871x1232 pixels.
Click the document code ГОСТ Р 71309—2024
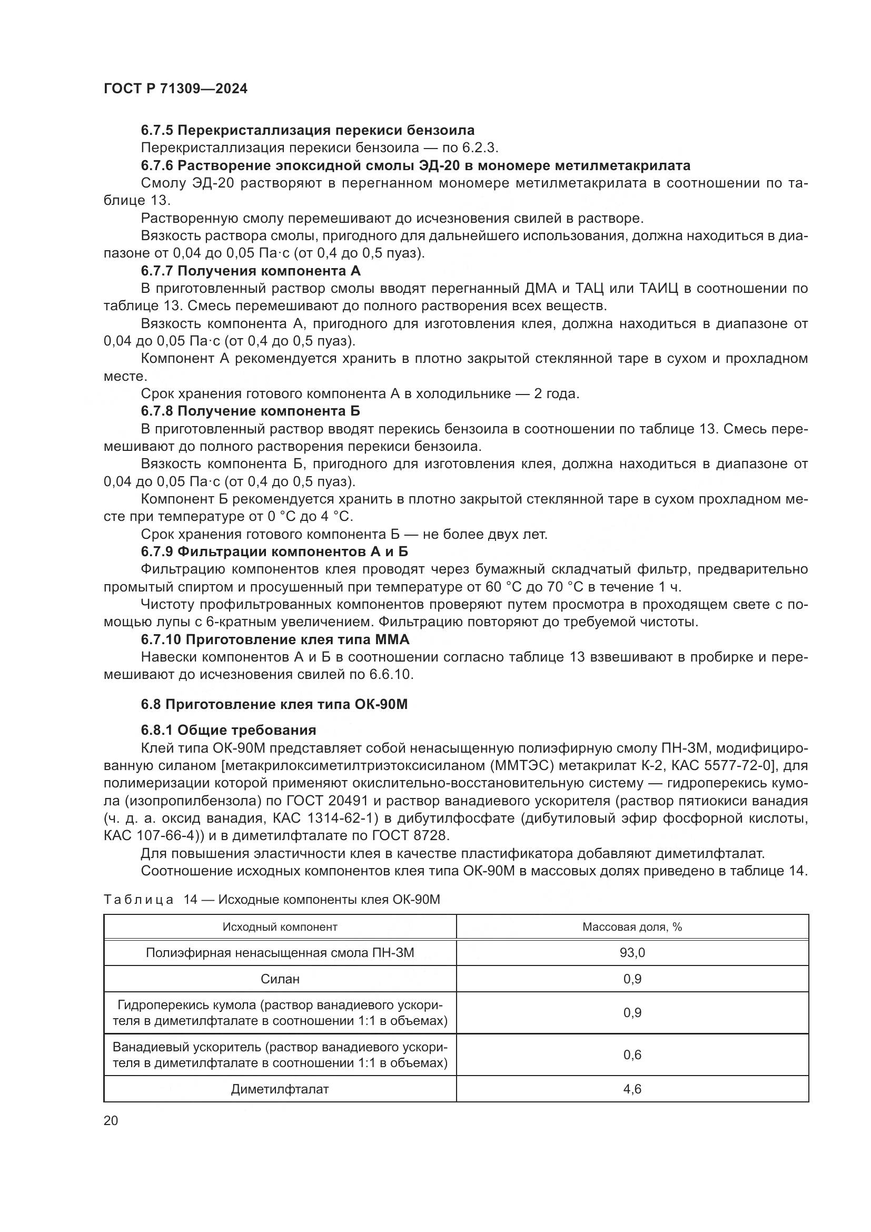[x=175, y=89]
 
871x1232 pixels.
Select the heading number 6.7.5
[x=156, y=131]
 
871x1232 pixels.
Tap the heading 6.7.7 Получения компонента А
[x=251, y=270]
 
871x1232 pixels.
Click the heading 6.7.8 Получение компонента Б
[x=251, y=411]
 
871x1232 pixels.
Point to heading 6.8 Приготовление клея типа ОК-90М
[x=274, y=705]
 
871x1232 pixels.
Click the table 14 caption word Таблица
[x=138, y=900]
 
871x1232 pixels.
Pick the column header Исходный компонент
[x=280, y=927]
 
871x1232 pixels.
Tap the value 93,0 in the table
[x=632, y=953]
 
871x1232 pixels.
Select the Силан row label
[x=280, y=979]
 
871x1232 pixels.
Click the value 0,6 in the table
[x=632, y=1055]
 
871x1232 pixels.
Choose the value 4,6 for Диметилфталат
[x=632, y=1089]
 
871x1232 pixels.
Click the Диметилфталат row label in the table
[x=280, y=1089]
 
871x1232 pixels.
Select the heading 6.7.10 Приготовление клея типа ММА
[x=274, y=639]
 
